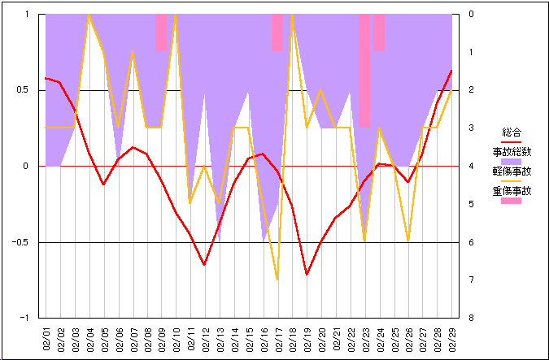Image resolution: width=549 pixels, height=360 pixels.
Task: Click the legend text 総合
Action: (x=512, y=132)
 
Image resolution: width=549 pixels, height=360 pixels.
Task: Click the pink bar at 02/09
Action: (x=161, y=33)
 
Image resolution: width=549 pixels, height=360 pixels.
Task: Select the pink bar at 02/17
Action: (x=277, y=33)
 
